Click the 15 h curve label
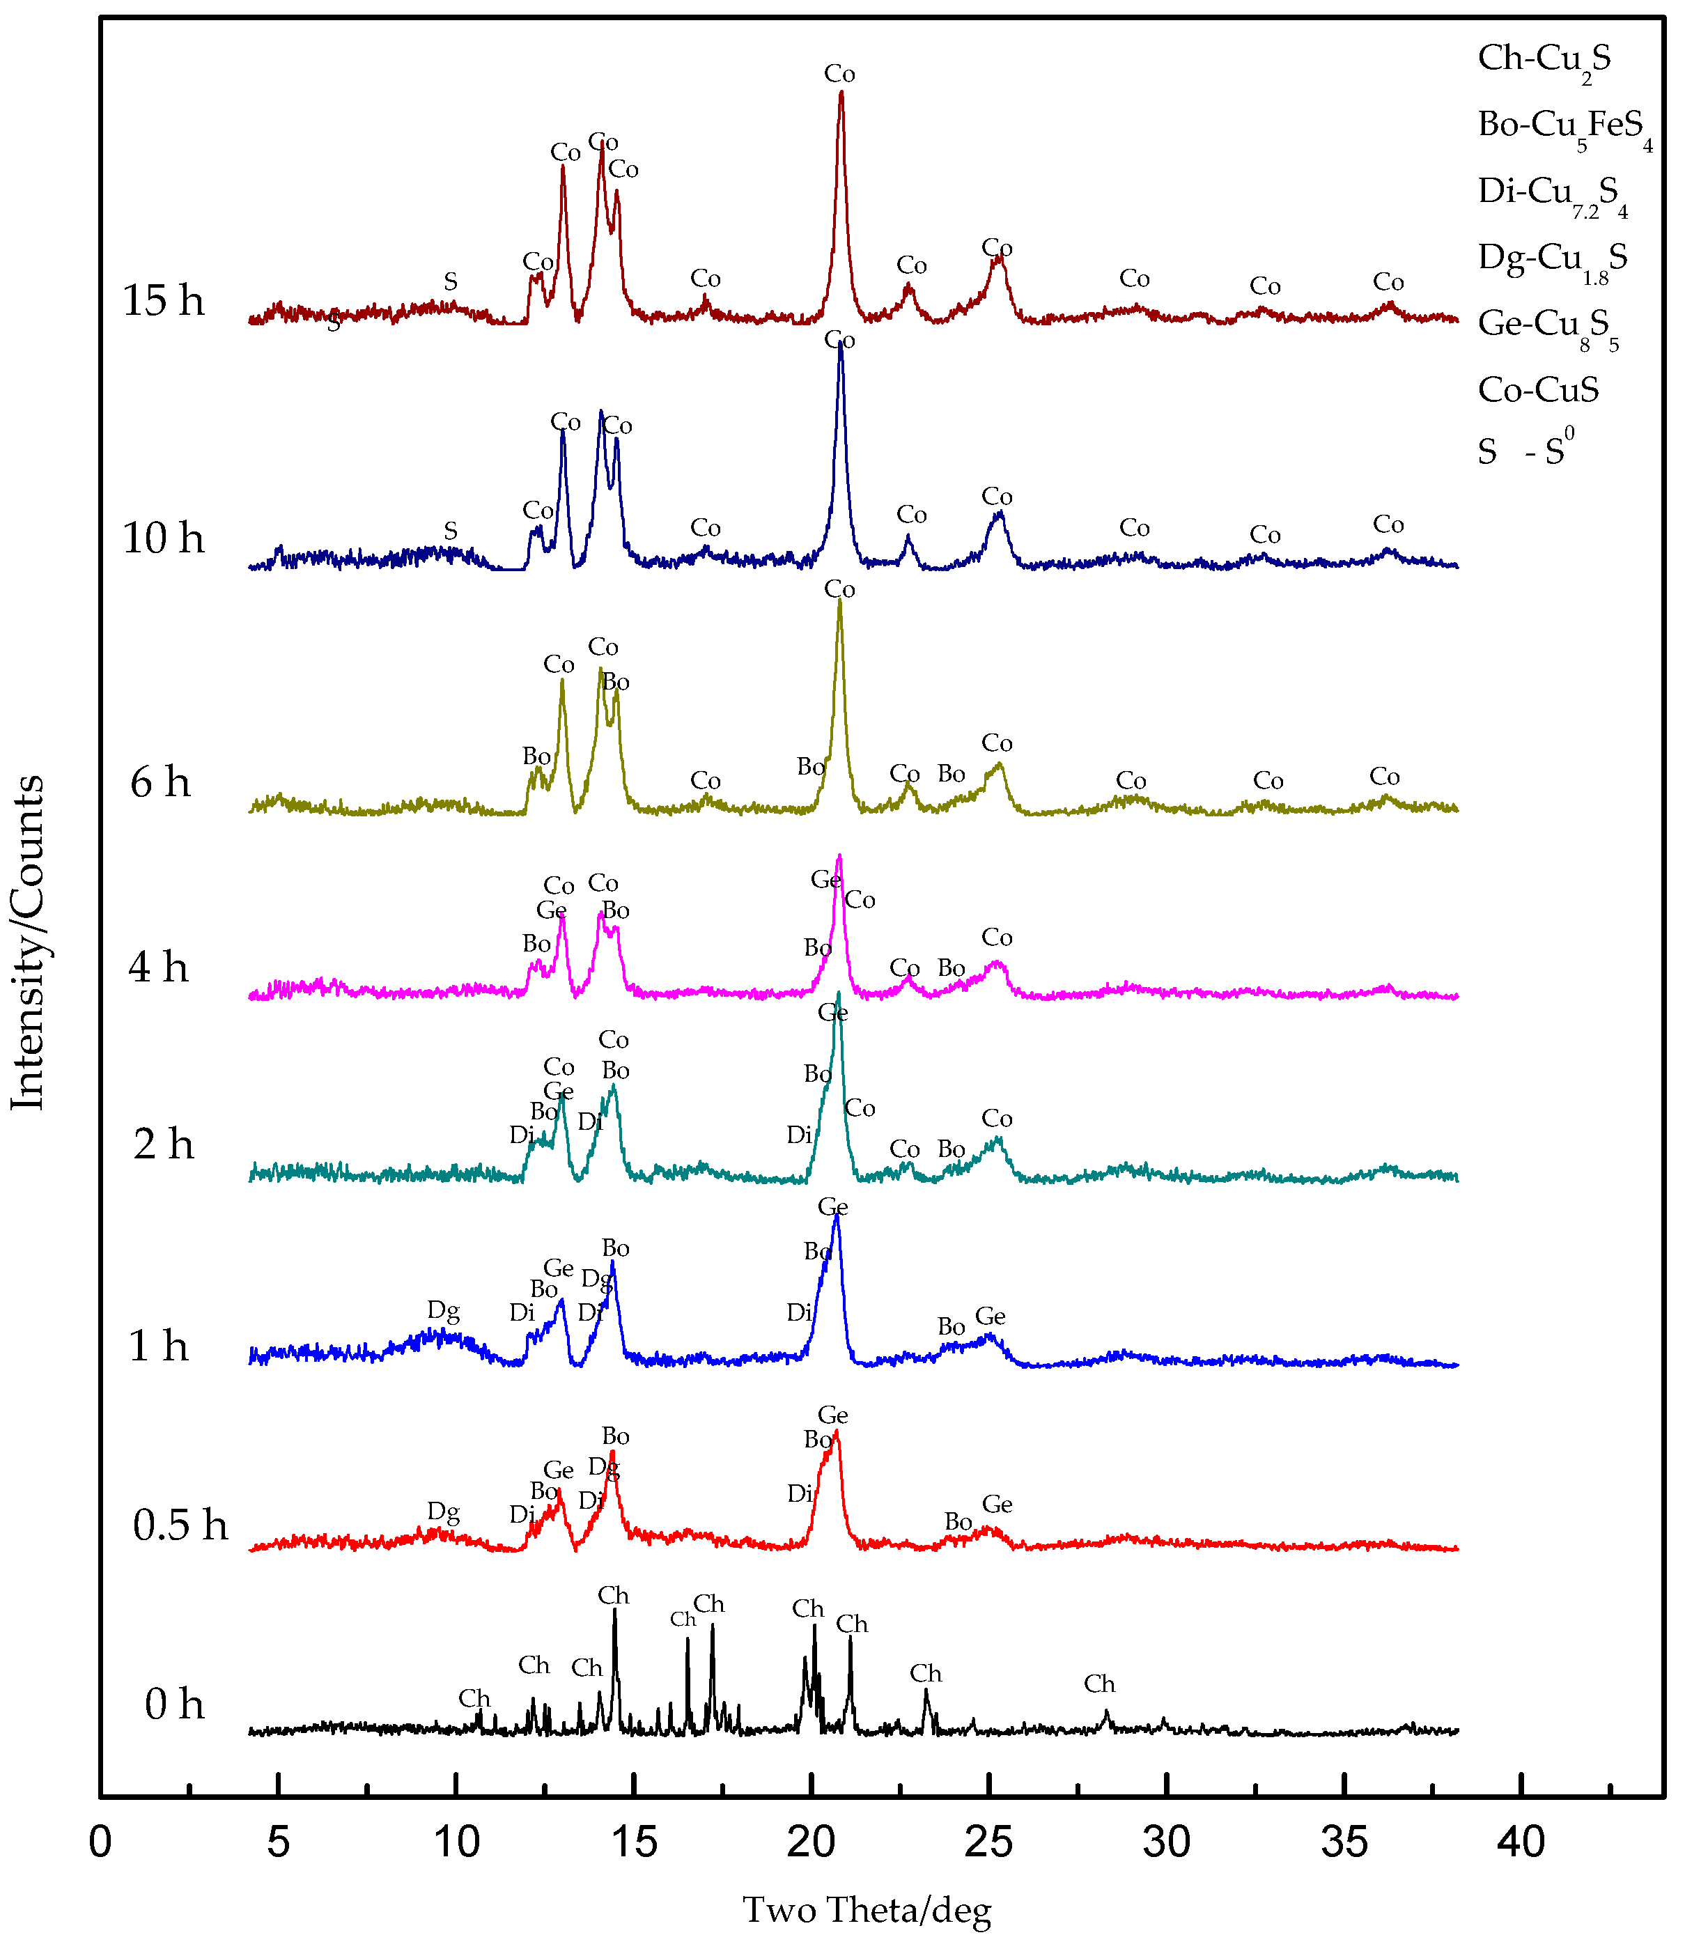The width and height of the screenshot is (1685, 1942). (164, 301)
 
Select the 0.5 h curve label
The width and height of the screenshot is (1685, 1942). (180, 1525)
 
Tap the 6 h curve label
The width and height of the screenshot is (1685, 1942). (160, 782)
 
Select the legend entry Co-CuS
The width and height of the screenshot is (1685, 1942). (1537, 389)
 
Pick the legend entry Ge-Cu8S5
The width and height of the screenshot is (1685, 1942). (1547, 325)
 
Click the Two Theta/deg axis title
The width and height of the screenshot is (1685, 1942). (867, 1910)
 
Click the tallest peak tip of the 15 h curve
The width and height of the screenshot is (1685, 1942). (841, 92)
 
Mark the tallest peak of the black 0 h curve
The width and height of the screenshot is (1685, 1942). (615, 1610)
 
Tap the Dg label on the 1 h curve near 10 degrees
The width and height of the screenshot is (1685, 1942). (443, 1310)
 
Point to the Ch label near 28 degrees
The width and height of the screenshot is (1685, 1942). (1098, 1684)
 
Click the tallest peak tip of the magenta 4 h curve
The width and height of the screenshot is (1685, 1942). (839, 856)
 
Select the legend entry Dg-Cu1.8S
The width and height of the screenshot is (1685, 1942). (1551, 258)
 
